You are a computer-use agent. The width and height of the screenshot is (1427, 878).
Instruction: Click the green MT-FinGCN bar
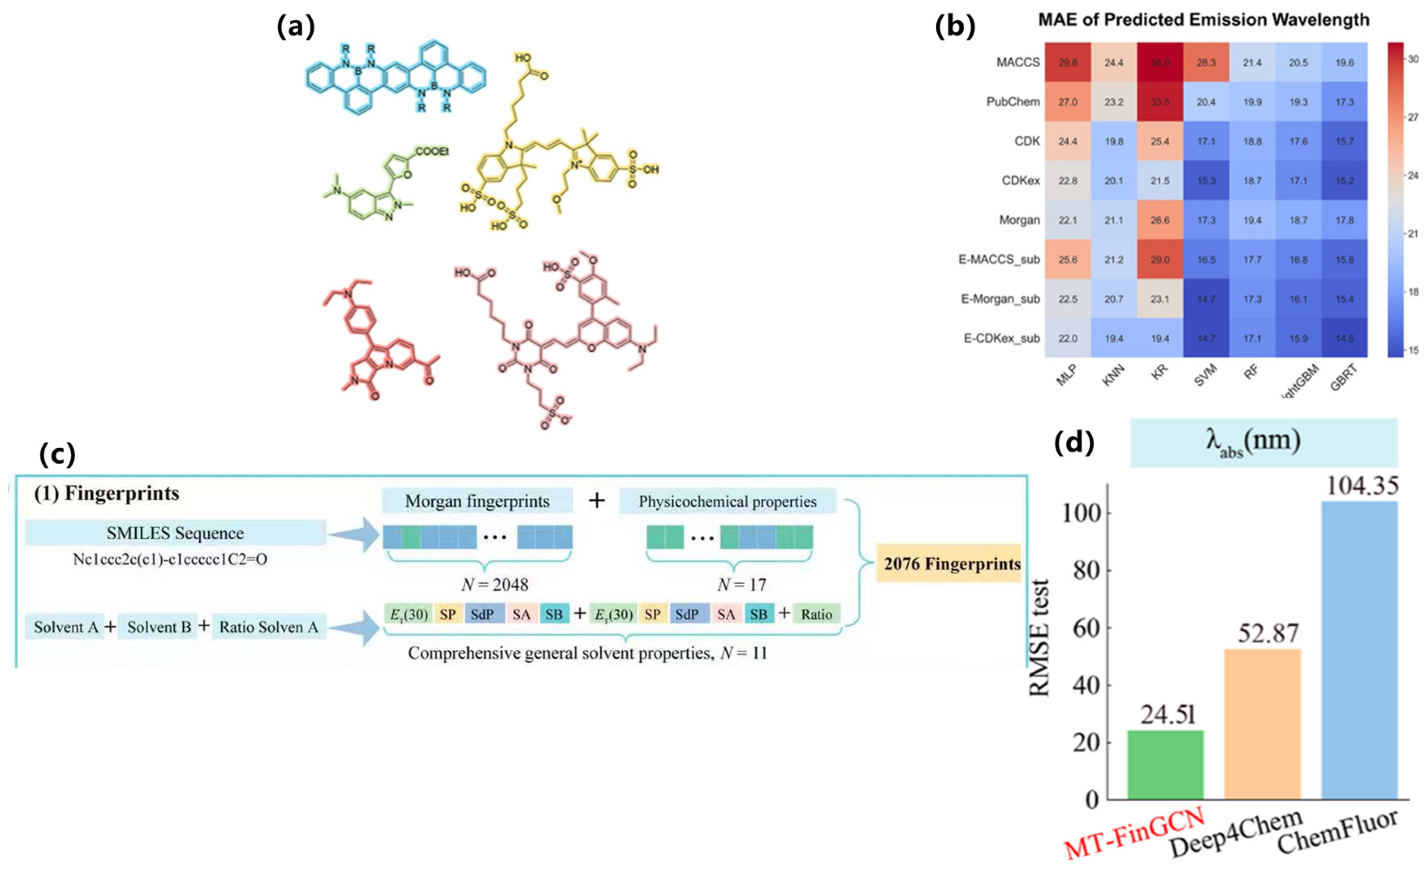pos(1165,764)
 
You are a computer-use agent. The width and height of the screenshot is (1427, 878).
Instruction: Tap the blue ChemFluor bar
pos(1359,650)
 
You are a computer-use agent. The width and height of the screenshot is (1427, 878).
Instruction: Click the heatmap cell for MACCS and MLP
pos(1067,62)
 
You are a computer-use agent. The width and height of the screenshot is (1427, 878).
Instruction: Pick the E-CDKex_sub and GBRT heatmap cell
pos(1344,338)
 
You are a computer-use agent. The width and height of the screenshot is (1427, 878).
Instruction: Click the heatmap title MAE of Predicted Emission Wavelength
pos(1204,20)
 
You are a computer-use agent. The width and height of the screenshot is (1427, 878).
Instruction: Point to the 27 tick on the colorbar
pos(1412,117)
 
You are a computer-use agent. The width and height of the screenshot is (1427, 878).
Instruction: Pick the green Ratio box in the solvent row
pos(816,614)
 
